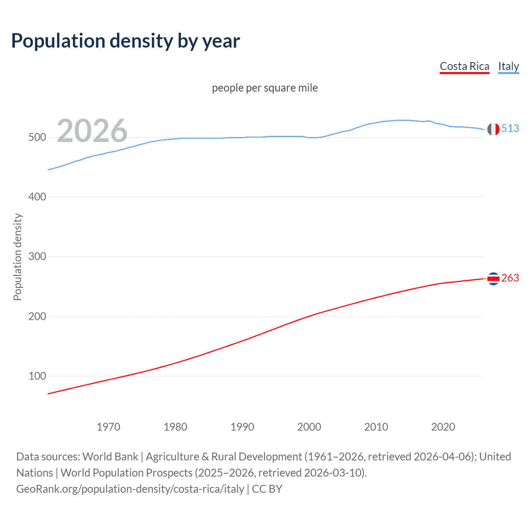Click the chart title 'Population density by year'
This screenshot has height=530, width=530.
(125, 41)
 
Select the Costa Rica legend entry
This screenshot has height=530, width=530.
(464, 66)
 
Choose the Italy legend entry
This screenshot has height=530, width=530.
(508, 66)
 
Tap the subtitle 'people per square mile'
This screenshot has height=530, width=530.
(265, 88)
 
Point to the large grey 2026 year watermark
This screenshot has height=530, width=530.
(92, 131)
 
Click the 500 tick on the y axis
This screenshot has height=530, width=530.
(37, 137)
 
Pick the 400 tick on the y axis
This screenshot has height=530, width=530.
(37, 197)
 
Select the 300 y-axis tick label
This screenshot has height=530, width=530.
(37, 257)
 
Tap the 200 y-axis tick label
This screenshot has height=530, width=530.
(37, 316)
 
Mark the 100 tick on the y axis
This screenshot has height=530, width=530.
(37, 376)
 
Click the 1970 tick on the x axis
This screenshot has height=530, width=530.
(108, 427)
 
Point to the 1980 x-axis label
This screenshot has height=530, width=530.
(176, 427)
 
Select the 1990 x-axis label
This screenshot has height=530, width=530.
(242, 427)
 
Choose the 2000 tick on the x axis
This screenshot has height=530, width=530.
(309, 427)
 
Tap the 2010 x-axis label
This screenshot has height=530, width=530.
(376, 427)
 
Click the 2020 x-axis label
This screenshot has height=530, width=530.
(443, 427)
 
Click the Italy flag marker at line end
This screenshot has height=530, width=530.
(493, 129)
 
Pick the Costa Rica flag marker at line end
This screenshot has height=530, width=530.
(493, 279)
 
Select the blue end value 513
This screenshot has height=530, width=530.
(510, 129)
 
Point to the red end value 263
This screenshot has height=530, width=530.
(510, 278)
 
